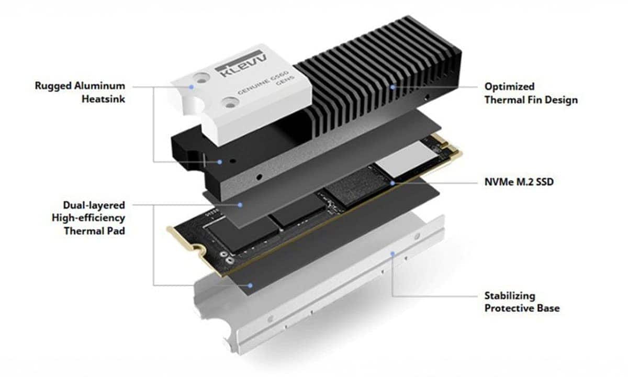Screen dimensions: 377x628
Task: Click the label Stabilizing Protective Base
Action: [x=521, y=302]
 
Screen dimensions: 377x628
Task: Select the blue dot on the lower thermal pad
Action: [x=251, y=285]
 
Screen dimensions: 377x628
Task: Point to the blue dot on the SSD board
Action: [x=392, y=183]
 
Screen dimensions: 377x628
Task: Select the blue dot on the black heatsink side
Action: [x=220, y=162]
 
